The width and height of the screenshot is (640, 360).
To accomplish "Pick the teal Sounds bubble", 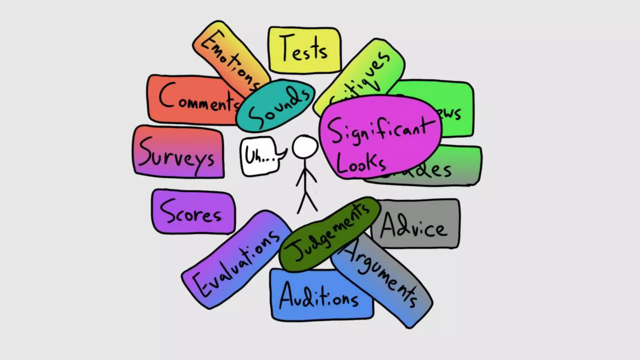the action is click(275, 105).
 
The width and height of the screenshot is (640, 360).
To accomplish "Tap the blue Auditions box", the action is click(319, 297).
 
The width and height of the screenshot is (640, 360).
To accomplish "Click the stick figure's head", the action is click(305, 147).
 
